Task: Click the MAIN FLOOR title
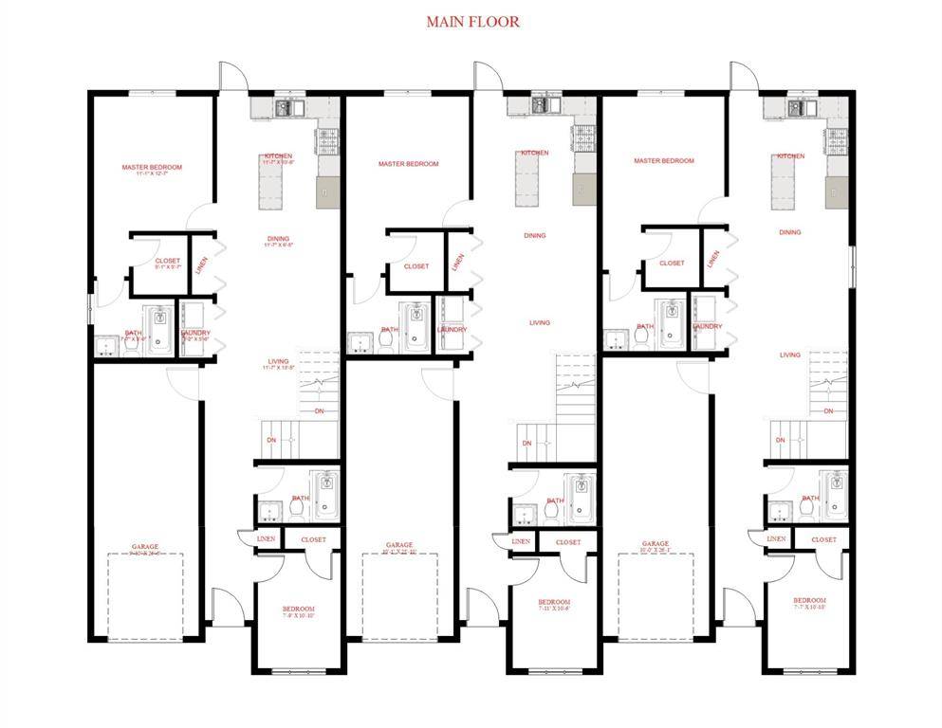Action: tap(472, 21)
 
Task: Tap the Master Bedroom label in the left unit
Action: tap(152, 168)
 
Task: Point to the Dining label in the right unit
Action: tap(789, 232)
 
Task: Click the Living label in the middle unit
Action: tap(539, 322)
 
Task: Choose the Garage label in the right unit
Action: tap(655, 544)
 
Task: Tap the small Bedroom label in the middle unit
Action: tap(554, 602)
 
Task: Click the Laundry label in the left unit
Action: tap(195, 333)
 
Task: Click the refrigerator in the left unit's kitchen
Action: tap(325, 193)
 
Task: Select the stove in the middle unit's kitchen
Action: tap(581, 138)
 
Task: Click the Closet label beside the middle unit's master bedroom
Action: tap(416, 266)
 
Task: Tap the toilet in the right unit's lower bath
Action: tap(805, 508)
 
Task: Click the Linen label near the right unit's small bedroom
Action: tap(776, 538)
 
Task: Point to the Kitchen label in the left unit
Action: tap(278, 155)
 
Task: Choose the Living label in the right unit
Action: tap(790, 355)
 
